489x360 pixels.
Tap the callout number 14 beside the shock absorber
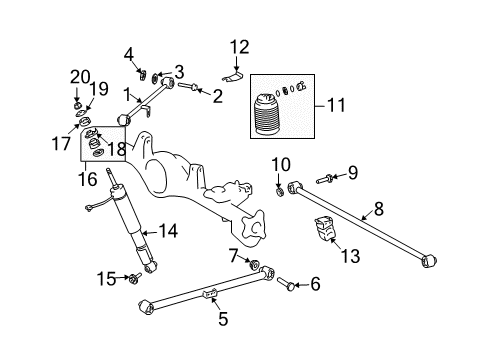click(167, 233)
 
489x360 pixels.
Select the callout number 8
click(377, 209)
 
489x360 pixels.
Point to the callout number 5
click(223, 319)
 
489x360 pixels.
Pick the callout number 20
click(78, 77)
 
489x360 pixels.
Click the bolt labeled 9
click(328, 179)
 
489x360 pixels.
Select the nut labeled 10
click(279, 184)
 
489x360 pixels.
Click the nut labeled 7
click(253, 266)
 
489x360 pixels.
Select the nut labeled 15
click(134, 279)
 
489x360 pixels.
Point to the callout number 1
click(127, 96)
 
